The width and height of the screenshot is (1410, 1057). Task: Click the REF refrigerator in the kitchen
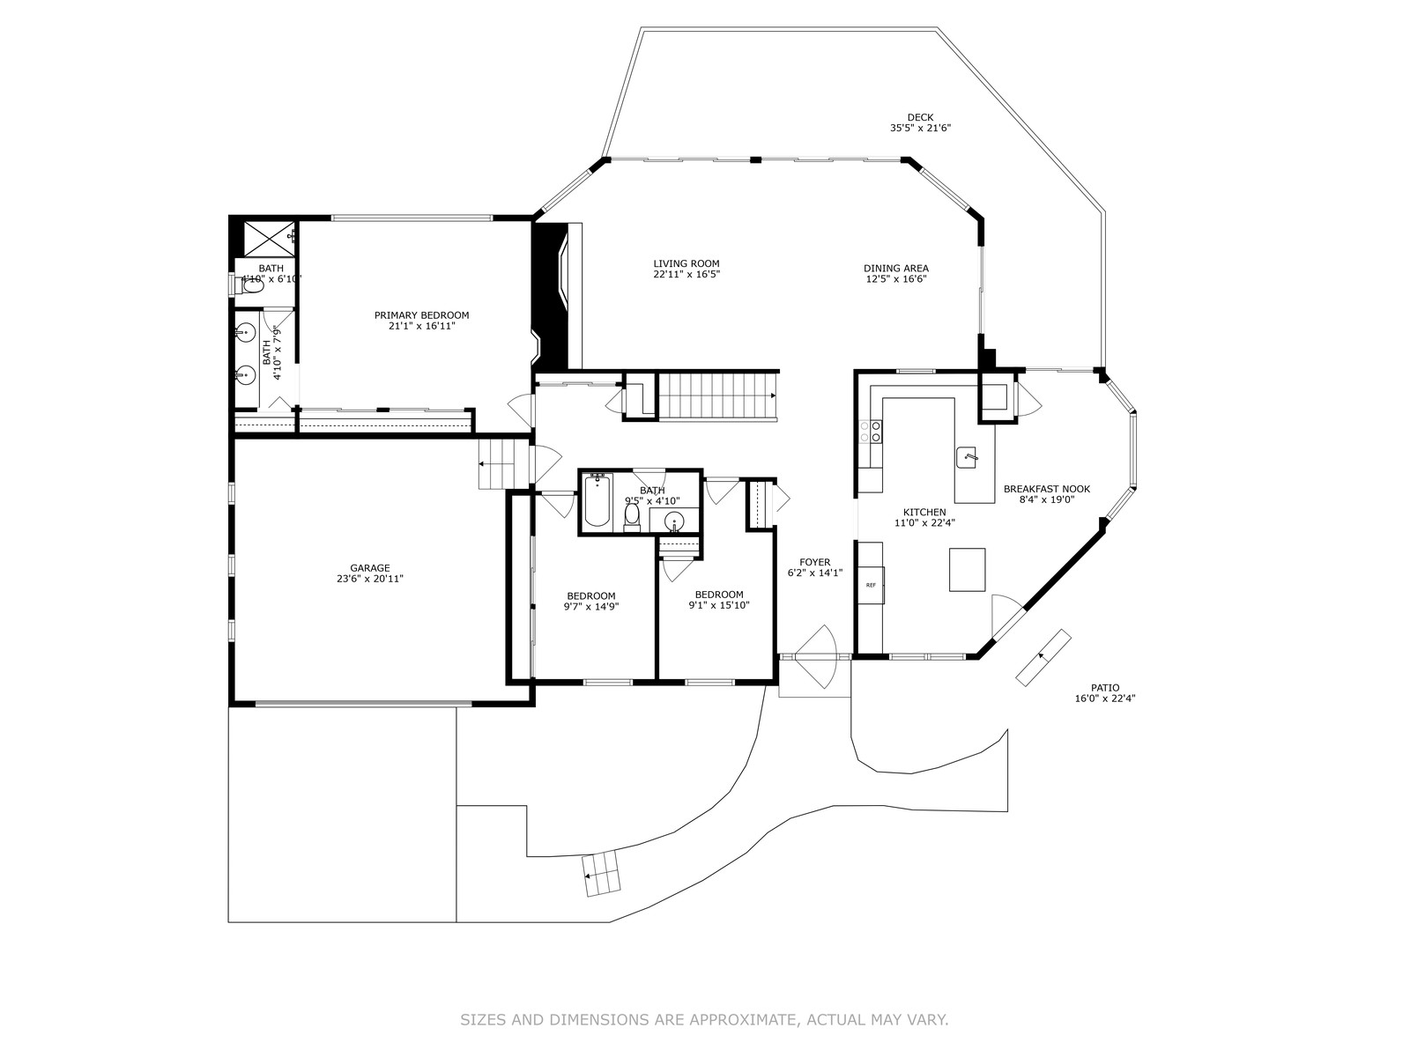871,585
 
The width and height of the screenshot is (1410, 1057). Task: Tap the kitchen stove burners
871,432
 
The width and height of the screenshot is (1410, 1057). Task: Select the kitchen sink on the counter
966,457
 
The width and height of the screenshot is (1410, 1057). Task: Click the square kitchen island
967,569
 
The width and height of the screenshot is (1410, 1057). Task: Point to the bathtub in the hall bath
597,500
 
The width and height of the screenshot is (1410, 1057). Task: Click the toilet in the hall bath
632,517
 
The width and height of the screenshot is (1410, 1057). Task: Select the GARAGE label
370,568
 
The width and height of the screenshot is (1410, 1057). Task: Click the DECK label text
921,117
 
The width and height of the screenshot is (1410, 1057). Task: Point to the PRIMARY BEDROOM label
422,315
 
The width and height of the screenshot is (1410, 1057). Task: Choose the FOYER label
815,562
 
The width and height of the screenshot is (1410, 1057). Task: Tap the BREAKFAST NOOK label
1047,489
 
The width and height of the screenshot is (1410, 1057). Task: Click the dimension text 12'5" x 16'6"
896,278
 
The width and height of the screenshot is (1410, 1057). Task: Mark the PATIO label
1105,688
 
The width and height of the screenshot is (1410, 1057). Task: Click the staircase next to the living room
719,396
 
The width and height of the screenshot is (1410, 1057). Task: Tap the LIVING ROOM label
686,263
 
